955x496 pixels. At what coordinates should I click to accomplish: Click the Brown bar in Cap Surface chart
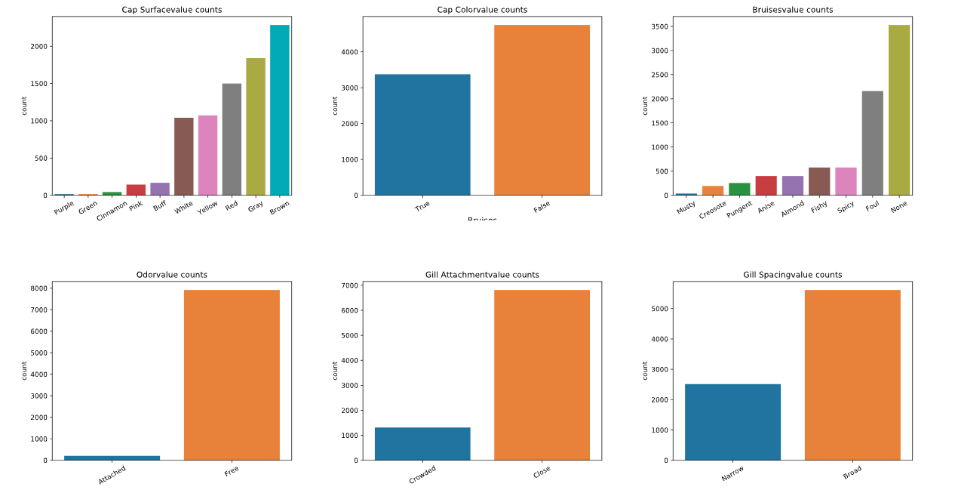279,110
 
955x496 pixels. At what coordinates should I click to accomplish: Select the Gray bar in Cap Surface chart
256,127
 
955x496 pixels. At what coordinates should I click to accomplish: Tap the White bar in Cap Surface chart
183,156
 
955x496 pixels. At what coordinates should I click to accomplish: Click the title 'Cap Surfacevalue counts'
172,10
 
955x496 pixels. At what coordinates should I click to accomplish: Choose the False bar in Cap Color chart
542,110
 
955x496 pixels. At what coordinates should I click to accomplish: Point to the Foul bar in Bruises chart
872,143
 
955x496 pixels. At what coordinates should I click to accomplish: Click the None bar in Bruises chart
898,110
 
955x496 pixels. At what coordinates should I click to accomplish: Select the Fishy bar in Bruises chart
819,181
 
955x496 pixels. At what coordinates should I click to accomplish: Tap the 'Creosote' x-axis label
712,211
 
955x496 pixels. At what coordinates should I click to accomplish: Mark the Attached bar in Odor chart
112,457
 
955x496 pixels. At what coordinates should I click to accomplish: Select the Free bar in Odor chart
232,375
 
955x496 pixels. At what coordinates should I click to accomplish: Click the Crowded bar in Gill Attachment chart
422,444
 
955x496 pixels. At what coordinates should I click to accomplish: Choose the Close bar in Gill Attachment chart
542,375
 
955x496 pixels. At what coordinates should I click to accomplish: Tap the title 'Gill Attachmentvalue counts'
482,275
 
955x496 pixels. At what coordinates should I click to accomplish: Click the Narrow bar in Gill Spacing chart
732,422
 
